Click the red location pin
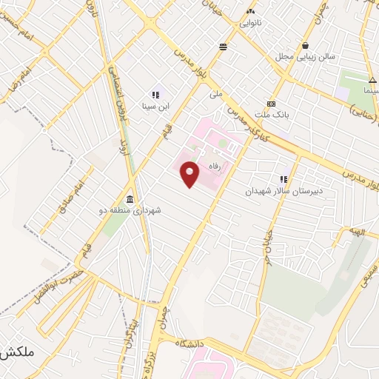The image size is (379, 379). pos(190,174)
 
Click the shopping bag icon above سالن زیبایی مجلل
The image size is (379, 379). pos(305,44)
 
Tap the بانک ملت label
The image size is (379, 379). pos(271,115)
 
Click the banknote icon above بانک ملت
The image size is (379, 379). pos(271,104)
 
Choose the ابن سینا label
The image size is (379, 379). pos(156,107)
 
